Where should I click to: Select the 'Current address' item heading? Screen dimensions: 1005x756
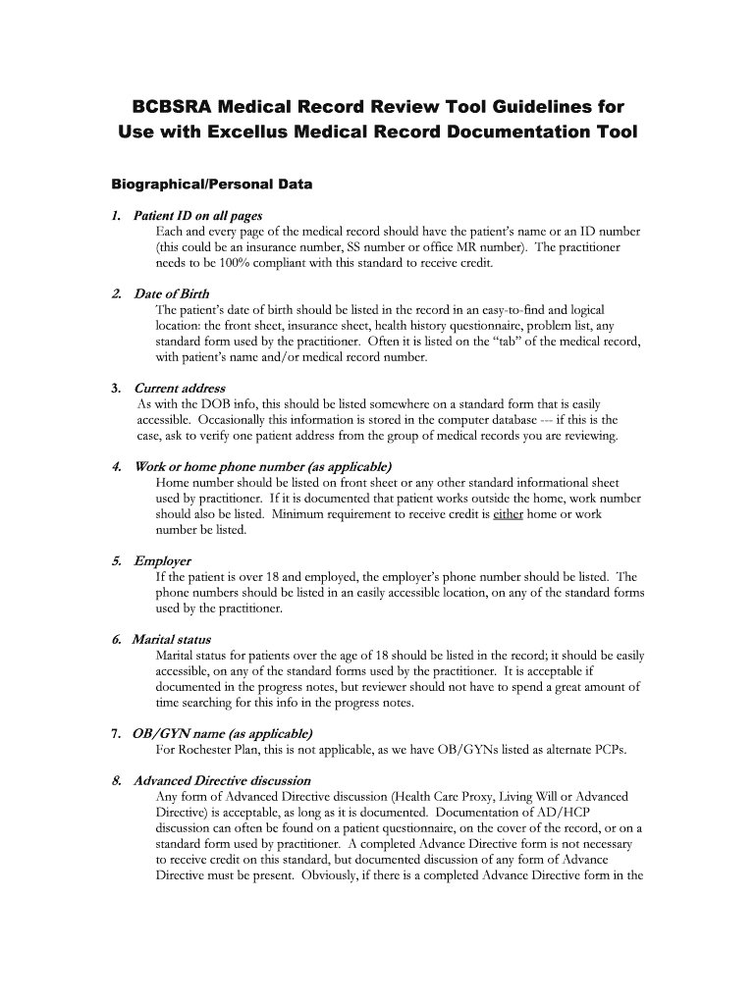[179, 388]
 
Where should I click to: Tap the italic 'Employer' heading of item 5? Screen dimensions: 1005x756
[162, 560]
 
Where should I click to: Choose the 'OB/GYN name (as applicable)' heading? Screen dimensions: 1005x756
[223, 733]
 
